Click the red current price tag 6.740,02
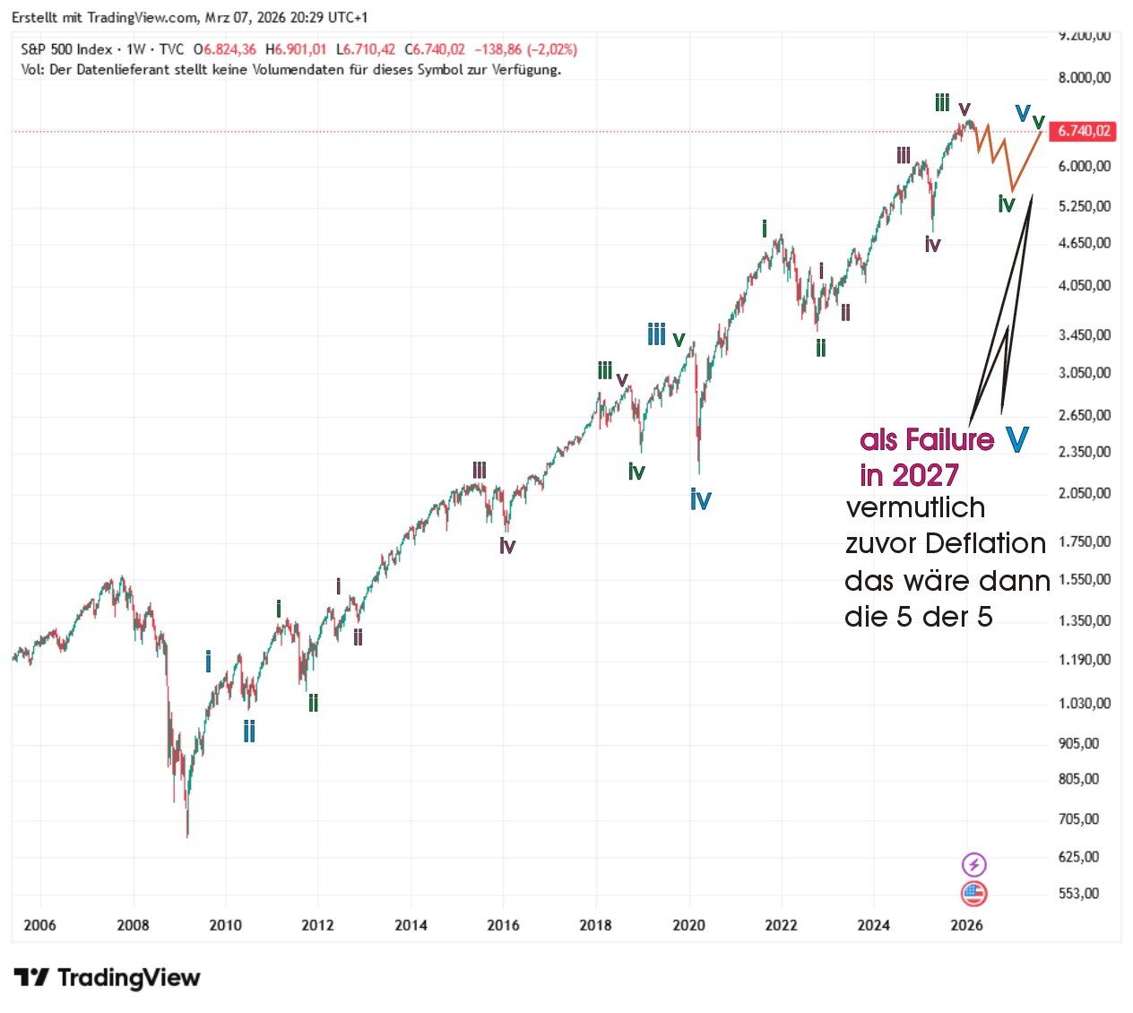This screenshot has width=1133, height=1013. tap(1084, 131)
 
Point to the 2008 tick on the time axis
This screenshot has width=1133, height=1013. tap(133, 925)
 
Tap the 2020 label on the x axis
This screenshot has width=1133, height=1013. tap(688, 925)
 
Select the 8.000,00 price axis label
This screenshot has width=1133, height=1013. tap(1084, 78)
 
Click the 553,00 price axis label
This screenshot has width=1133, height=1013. tap(1078, 893)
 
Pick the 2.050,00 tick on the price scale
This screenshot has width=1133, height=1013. tap(1084, 493)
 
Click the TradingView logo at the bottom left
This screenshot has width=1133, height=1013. tap(107, 977)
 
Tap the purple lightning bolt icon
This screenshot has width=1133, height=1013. tap(973, 864)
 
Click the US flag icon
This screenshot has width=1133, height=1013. tap(973, 893)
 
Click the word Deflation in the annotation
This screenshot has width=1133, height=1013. tap(985, 543)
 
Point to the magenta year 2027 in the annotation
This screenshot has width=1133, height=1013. tap(924, 474)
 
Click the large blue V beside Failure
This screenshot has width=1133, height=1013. tap(1016, 439)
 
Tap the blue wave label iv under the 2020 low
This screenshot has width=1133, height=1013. tap(700, 499)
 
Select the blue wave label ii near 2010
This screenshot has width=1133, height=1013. tap(249, 732)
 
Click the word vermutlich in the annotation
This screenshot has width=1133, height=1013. tap(915, 507)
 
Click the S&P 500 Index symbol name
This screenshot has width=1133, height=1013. tap(66, 49)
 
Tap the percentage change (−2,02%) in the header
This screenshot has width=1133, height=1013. tap(552, 49)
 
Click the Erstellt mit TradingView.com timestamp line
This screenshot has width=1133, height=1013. tap(189, 17)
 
